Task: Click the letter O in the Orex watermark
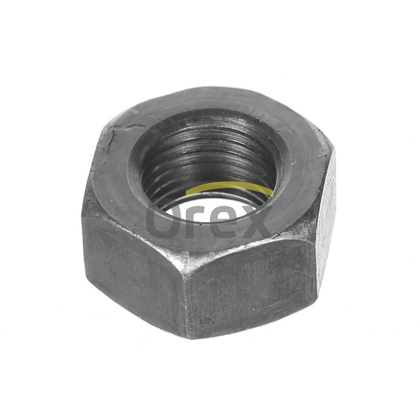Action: click(x=163, y=218)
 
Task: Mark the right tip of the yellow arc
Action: click(x=273, y=196)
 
